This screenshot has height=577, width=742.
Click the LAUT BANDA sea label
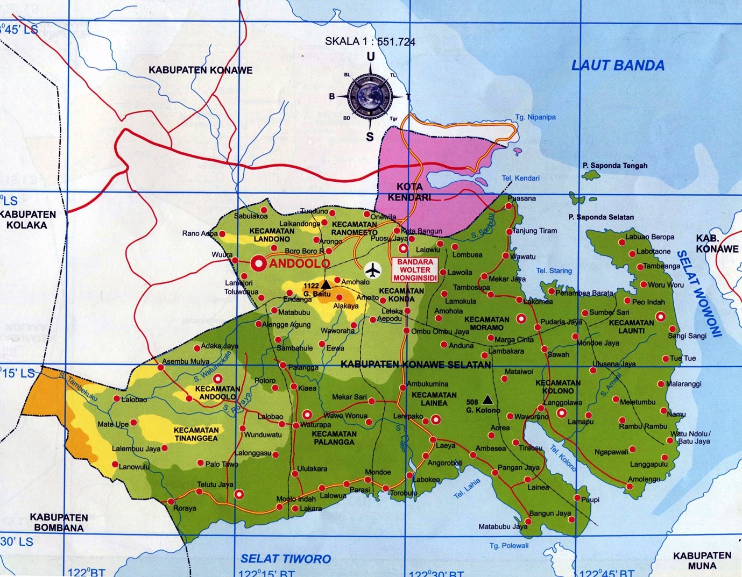618,66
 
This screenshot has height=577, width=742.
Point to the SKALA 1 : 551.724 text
370,41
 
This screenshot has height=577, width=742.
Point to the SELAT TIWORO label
286,559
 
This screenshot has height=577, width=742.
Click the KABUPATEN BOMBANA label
59,522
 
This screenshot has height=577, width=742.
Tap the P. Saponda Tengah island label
615,166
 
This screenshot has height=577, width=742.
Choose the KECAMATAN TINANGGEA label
196,434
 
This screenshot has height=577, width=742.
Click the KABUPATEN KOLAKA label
27,219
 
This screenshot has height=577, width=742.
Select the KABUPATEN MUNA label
702,560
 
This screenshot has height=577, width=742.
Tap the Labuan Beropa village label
649,237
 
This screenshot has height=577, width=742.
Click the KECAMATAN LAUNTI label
631,326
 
